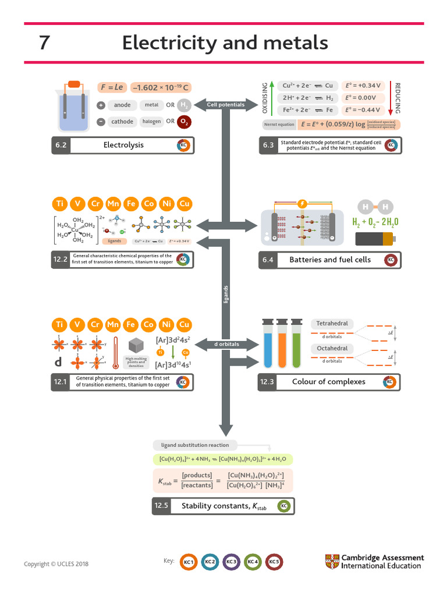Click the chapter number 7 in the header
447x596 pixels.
[44, 43]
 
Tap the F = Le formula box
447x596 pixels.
[112, 87]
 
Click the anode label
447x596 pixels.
[122, 105]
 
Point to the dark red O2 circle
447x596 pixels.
[185, 122]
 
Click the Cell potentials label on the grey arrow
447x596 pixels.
[226, 105]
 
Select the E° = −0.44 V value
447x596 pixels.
[361, 109]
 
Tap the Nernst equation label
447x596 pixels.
[279, 125]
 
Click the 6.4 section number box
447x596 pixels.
[268, 260]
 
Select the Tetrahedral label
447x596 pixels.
[332, 324]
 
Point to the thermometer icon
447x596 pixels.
[116, 352]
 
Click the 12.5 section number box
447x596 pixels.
[161, 506]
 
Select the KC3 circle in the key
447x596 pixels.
[231, 562]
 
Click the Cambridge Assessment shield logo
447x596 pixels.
[331, 562]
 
